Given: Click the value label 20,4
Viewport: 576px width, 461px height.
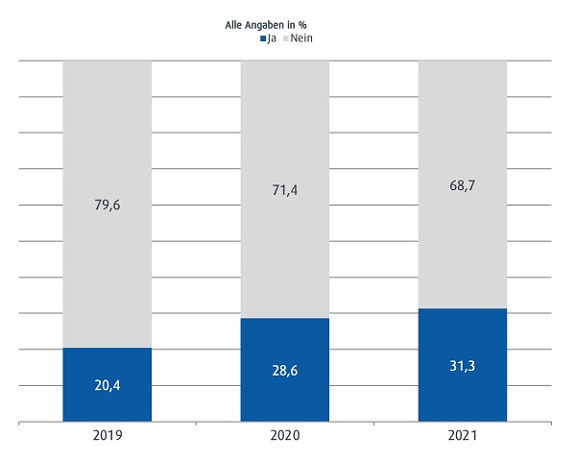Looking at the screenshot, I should click(107, 388).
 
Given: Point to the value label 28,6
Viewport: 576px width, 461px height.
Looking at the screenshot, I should click(285, 371).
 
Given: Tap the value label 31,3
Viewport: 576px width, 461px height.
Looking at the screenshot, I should click(463, 367).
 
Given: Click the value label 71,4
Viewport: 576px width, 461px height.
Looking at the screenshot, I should click(285, 191).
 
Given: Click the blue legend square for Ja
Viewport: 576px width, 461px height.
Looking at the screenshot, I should click(262, 39).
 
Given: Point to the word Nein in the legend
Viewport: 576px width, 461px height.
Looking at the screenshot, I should click(301, 38).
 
